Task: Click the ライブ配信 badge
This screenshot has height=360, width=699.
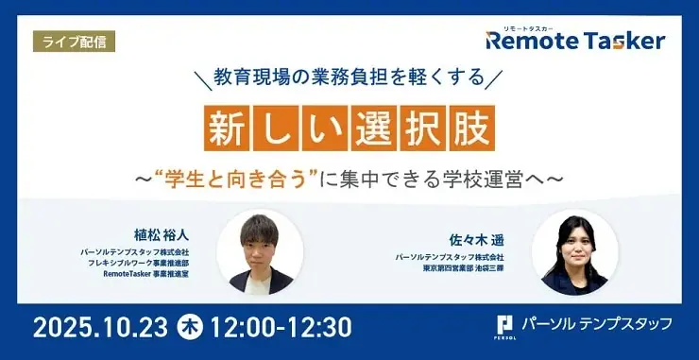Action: pos(70,42)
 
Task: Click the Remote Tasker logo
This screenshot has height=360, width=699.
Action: pos(575,41)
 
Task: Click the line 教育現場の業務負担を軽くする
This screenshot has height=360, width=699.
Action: pos(350,73)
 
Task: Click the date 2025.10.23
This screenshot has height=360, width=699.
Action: pos(100,327)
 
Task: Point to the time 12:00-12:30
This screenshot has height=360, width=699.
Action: pos(282,327)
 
